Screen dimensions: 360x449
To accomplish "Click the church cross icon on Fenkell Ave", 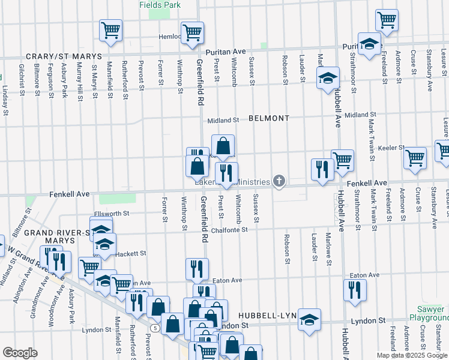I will pyautogui.click(x=279, y=181).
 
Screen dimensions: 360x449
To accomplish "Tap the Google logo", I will pyautogui.click(x=20, y=353).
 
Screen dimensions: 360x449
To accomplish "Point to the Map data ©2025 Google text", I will pyautogui.click(x=412, y=355).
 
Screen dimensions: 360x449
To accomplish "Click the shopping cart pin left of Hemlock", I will pyautogui.click(x=110, y=30).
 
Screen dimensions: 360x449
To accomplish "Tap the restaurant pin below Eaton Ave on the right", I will pyautogui.click(x=355, y=290).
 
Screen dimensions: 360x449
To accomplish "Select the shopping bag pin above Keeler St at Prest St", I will pyautogui.click(x=223, y=146).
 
